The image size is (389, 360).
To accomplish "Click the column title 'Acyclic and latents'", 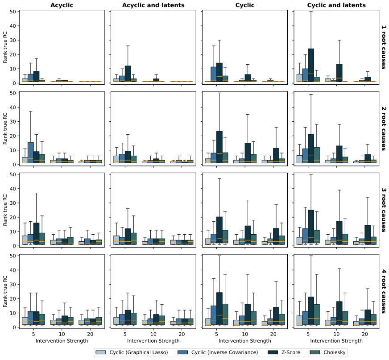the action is (153, 5).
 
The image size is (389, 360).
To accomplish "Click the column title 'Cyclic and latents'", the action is (336, 5).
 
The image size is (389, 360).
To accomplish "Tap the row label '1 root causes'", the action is (384, 47).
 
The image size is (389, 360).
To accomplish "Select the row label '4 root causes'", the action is (384, 291).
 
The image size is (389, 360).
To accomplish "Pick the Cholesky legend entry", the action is (328, 352).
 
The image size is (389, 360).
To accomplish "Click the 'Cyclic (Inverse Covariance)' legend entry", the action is (218, 352).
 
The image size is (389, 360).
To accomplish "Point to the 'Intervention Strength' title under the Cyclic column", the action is (245, 341).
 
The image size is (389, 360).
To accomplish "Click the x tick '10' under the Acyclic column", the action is (62, 334).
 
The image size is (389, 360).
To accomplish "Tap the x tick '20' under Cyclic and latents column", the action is (365, 334).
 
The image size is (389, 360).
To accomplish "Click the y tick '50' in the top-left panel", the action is (13, 12).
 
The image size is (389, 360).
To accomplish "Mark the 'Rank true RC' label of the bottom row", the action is (5, 291).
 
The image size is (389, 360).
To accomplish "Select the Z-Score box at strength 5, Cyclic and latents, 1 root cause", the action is (311, 65).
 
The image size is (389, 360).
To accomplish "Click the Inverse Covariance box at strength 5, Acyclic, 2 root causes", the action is (31, 153).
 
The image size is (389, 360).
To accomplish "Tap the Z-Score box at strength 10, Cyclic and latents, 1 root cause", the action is (339, 73).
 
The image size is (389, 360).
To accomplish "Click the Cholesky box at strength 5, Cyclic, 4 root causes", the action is (225, 314).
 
